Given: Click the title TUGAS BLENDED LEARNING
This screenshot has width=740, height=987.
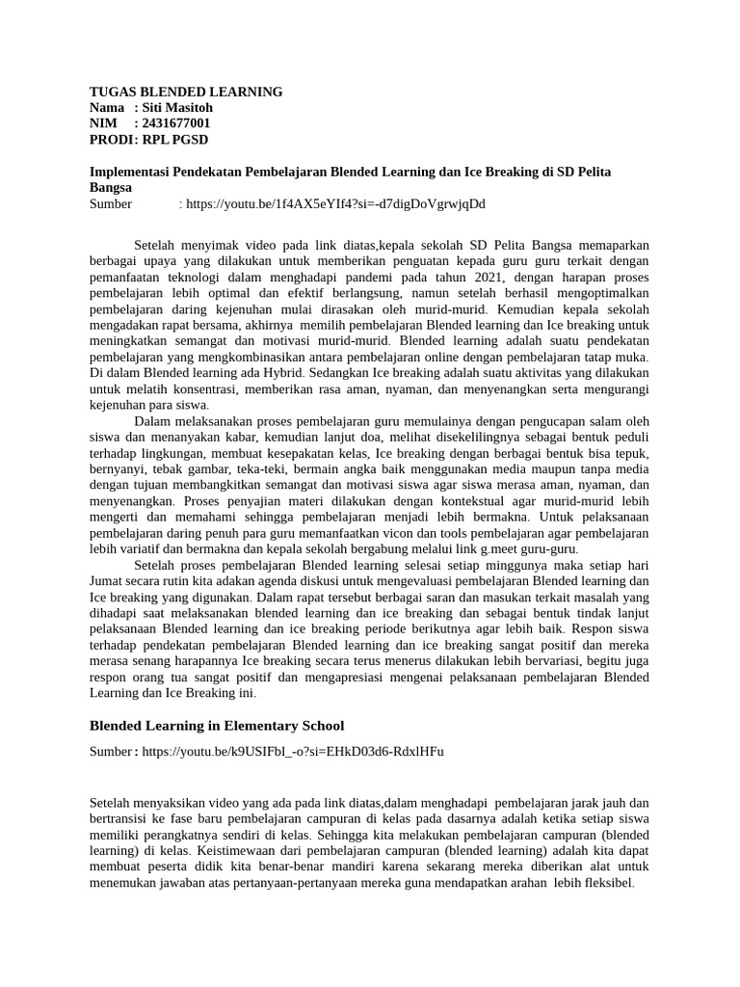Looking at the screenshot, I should [x=186, y=92].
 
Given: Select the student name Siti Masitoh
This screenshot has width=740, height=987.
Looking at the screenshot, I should [x=177, y=107].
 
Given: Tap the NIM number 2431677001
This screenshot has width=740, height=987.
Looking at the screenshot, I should [x=175, y=123].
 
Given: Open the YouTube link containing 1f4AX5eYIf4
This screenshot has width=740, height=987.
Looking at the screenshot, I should [x=332, y=204].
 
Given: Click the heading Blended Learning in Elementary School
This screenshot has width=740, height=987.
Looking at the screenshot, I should [x=217, y=725].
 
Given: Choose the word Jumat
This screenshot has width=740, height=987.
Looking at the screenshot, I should [x=109, y=581].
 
